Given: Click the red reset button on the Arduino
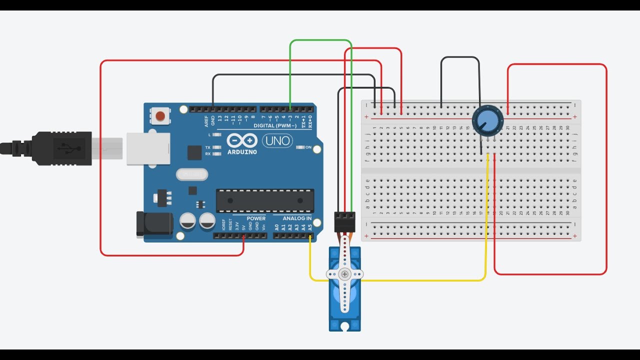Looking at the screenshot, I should click(160, 116).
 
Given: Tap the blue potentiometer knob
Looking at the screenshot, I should click(487, 120).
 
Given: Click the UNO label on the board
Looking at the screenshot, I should click(278, 140).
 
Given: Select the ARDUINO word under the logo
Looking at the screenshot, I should click(242, 151).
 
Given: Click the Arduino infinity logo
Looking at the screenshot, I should click(242, 140).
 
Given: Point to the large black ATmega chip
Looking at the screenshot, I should click(265, 200).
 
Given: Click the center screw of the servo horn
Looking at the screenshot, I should click(344, 274).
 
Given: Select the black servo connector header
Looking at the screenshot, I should click(344, 221).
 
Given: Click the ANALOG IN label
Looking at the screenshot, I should click(297, 218).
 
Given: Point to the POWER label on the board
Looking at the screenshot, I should click(256, 218).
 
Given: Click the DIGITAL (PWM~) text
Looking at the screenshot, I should click(275, 125).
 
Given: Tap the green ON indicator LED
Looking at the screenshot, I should click(301, 147).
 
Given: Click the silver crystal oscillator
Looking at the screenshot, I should click(191, 174).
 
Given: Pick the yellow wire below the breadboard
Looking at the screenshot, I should click(425, 280).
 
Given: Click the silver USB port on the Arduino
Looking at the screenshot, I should click(148, 148).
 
